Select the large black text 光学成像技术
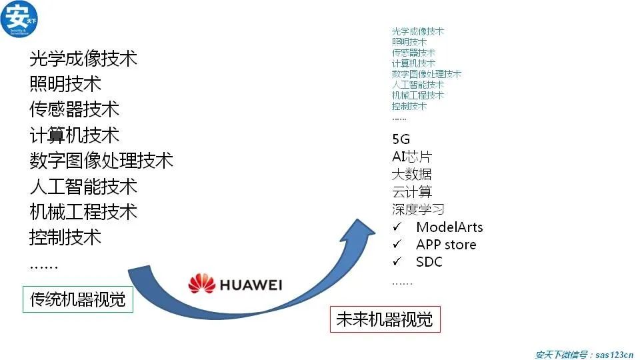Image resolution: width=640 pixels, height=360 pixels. (x=83, y=59)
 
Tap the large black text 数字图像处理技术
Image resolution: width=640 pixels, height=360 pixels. (x=101, y=161)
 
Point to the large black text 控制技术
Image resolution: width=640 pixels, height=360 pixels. (x=65, y=237)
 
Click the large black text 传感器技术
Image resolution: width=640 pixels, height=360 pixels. (x=74, y=109)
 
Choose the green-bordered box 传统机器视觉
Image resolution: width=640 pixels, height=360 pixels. (x=78, y=299)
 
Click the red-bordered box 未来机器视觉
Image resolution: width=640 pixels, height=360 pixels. (x=385, y=319)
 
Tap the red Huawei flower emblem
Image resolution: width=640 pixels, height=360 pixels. (x=201, y=285)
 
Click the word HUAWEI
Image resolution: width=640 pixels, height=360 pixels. (x=251, y=285)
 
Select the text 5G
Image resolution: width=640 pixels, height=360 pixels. (x=401, y=140)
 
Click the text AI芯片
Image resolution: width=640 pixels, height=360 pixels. (x=411, y=157)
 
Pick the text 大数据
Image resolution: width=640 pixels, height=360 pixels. (x=411, y=175)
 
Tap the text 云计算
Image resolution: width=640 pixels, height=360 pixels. (x=411, y=192)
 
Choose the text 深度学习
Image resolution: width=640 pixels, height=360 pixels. (x=418, y=209)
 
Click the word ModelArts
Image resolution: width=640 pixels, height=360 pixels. (x=449, y=227)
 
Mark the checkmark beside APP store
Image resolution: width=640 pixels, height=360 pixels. (x=397, y=245)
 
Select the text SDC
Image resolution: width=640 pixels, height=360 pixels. (x=429, y=262)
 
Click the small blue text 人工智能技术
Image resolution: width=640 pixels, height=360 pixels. (x=418, y=85)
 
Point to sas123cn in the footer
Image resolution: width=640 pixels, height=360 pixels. (x=614, y=355)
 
